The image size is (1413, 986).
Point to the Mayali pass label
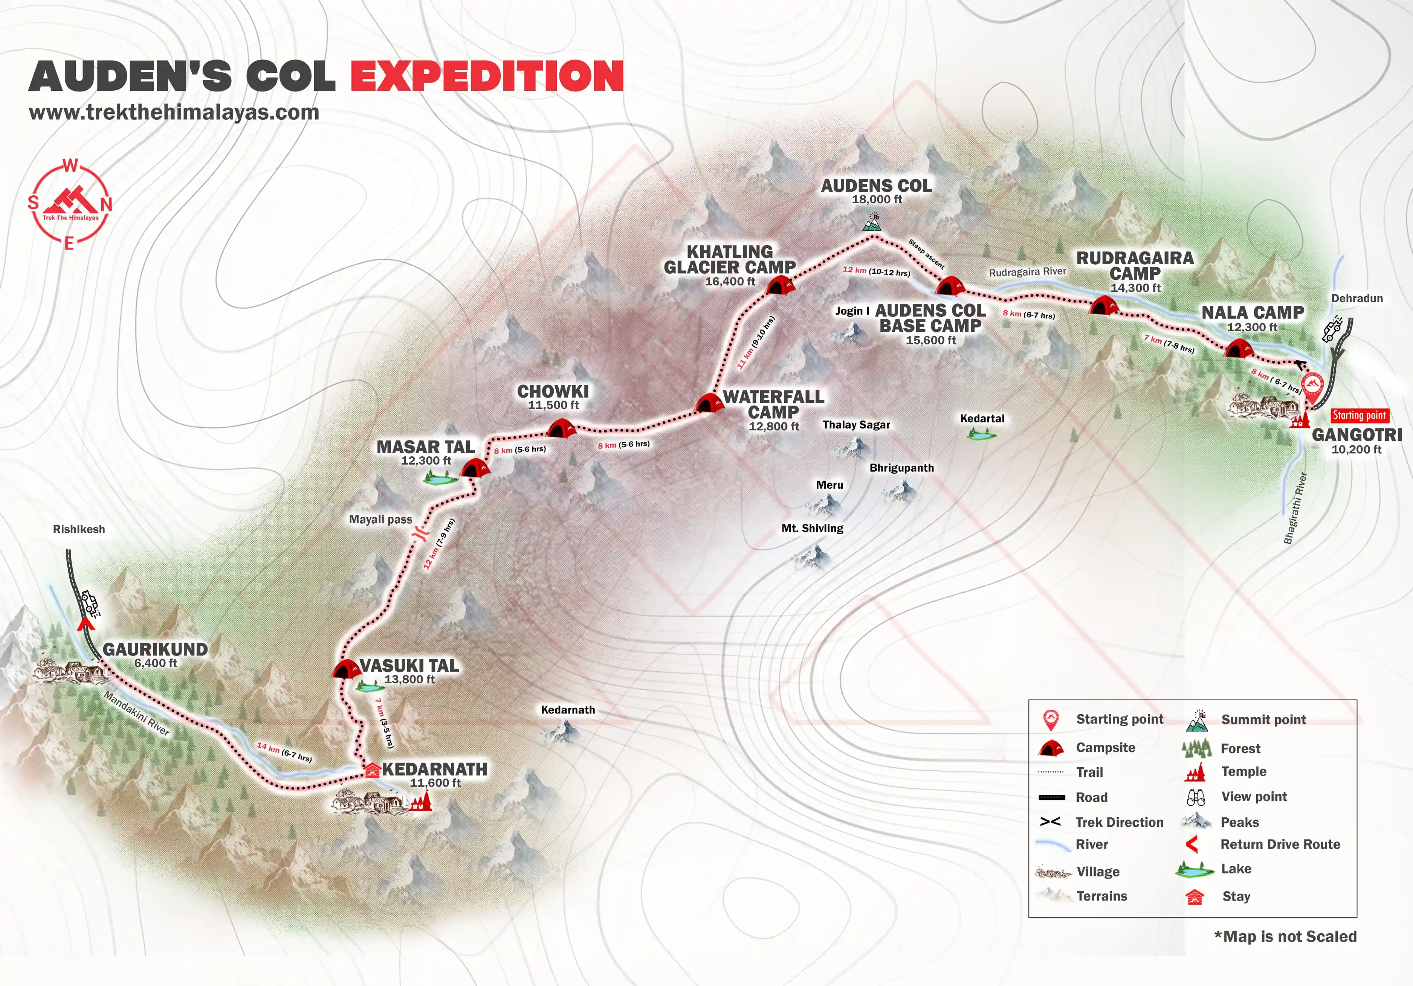click(380, 520)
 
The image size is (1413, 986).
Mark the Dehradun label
click(1357, 298)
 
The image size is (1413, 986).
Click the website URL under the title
click(174, 113)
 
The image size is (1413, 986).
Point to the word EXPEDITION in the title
click(487, 76)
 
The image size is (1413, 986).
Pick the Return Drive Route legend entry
click(1280, 844)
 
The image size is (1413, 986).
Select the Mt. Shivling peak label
click(812, 528)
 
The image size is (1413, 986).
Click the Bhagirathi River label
click(1295, 508)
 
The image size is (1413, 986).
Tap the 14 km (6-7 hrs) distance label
click(284, 752)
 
